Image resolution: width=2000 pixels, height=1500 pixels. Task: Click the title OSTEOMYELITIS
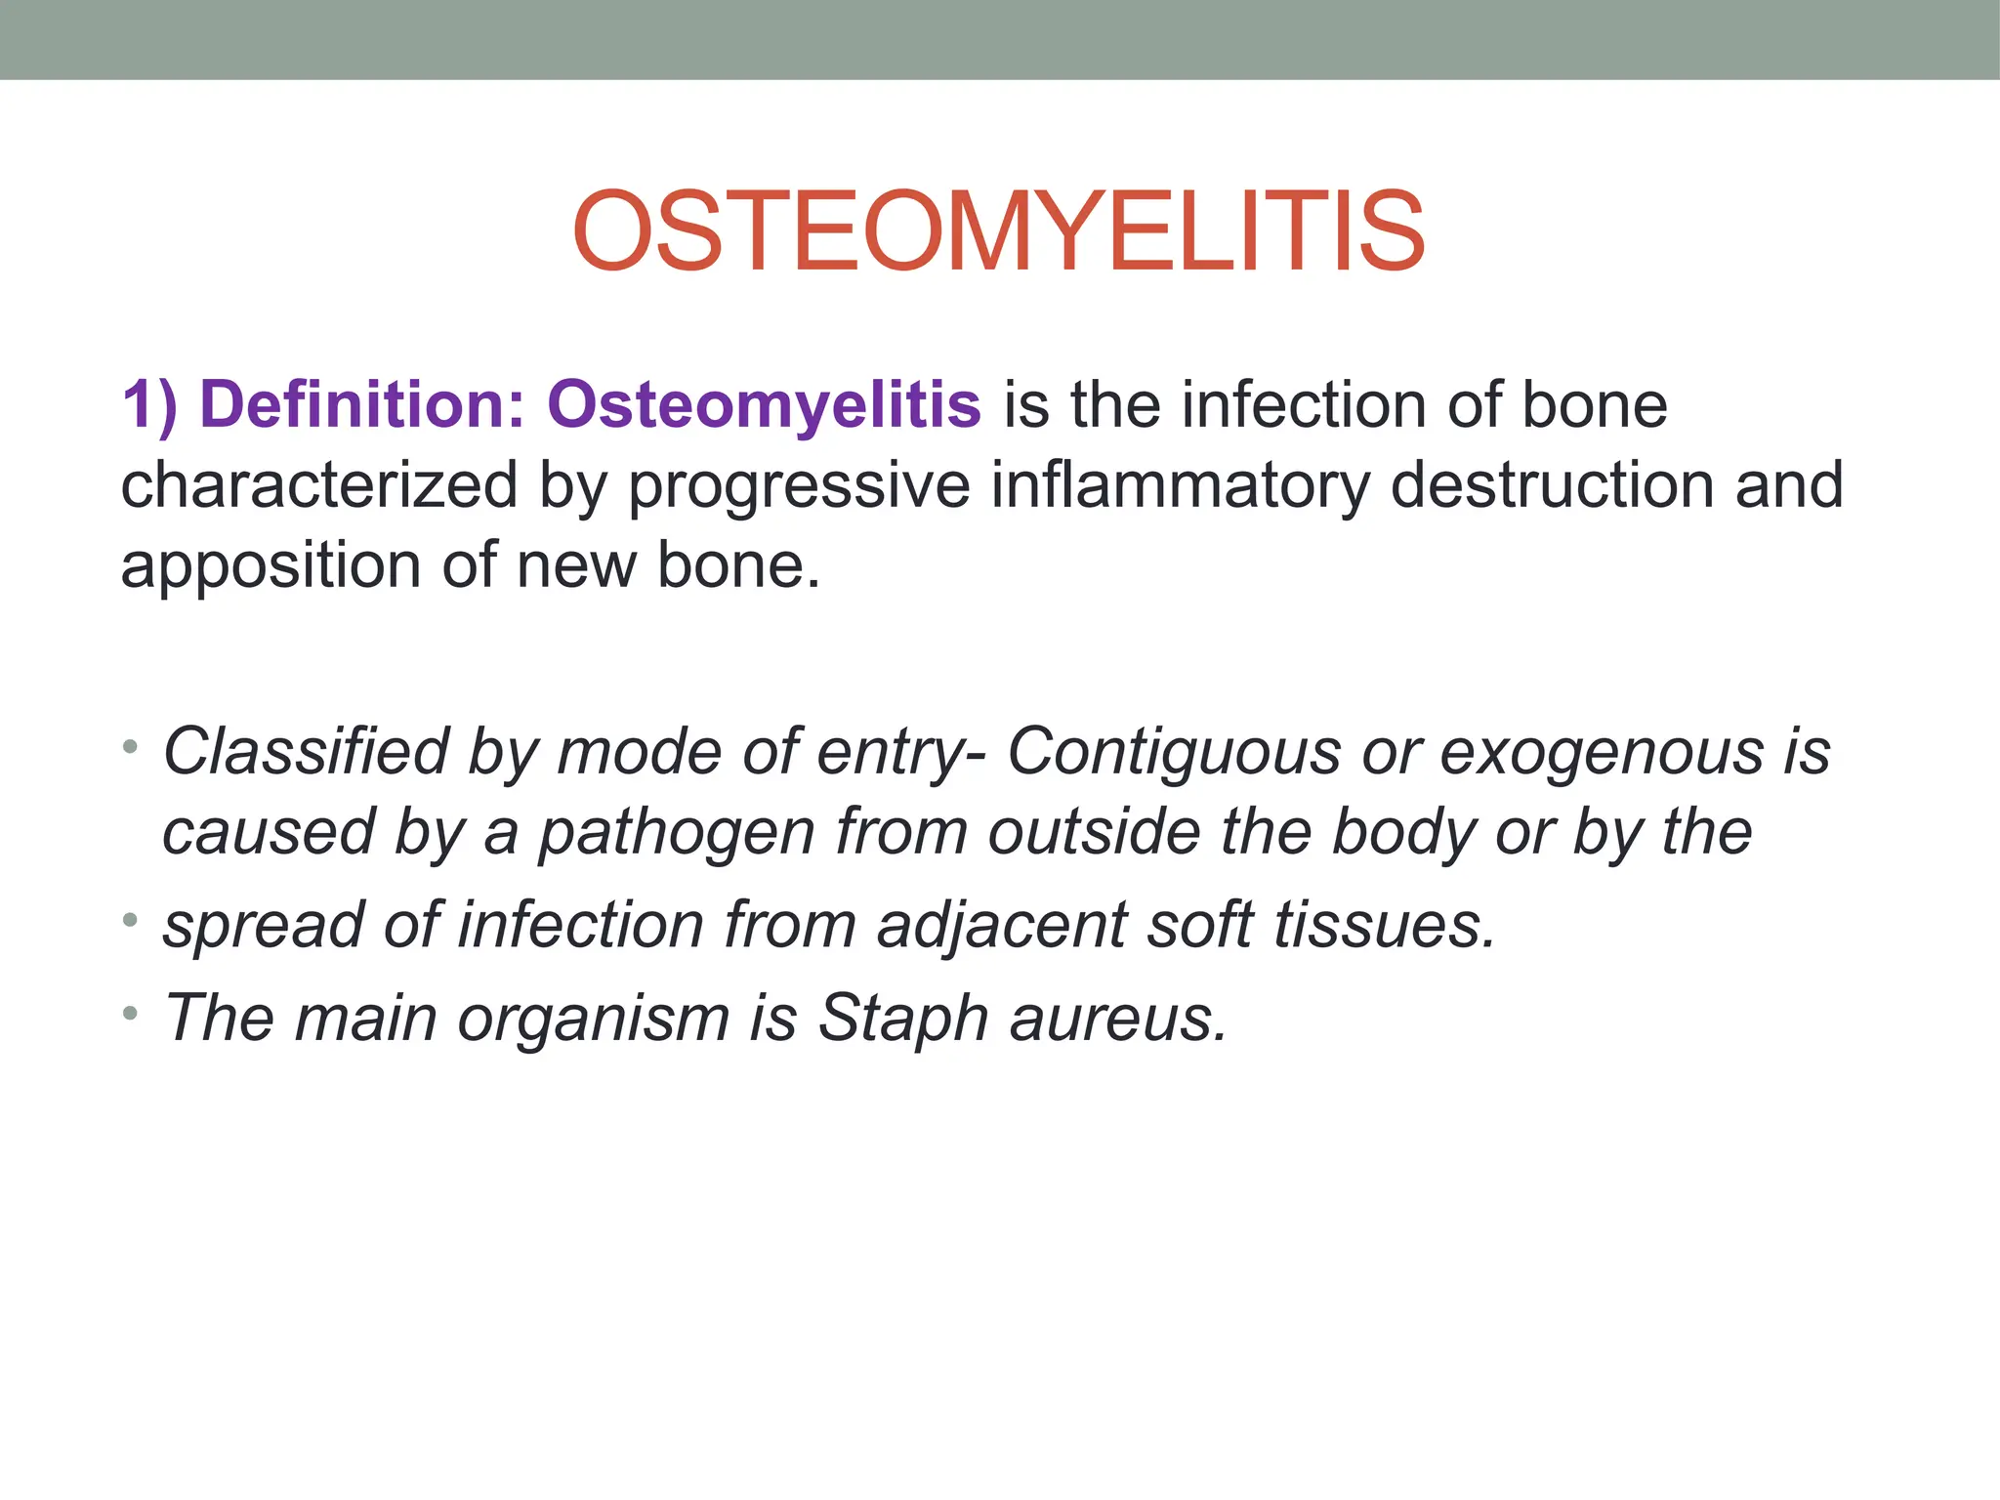pyautogui.click(x=998, y=232)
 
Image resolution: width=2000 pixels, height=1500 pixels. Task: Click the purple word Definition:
pyautogui.click(x=362, y=404)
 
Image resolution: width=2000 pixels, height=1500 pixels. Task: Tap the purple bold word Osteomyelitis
pyautogui.click(x=764, y=404)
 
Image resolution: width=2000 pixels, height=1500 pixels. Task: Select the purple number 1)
pyautogui.click(x=149, y=404)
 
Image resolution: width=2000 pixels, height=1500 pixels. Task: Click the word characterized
pyautogui.click(x=319, y=485)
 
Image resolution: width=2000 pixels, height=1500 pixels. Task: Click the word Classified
pyautogui.click(x=304, y=752)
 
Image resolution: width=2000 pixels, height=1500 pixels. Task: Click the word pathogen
pyautogui.click(x=677, y=834)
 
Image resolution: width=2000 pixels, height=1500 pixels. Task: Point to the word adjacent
pyautogui.click(x=1002, y=926)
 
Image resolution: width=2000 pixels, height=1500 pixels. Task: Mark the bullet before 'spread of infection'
pyautogui.click(x=131, y=919)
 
